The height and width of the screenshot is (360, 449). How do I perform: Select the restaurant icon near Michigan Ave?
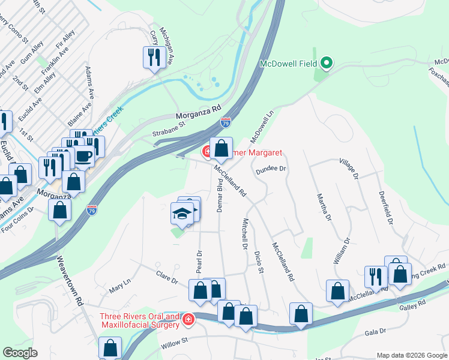[154, 58]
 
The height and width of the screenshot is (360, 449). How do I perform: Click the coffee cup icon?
[84, 156]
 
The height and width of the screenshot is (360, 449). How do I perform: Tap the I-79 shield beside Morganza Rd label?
[226, 122]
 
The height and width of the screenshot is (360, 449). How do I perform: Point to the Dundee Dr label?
[272, 169]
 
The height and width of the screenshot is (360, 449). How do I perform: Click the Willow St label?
[175, 343]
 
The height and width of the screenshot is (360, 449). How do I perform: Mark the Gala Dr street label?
[375, 332]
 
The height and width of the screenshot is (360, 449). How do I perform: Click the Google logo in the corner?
[21, 353]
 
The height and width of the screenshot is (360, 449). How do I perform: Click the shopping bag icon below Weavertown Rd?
[110, 347]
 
